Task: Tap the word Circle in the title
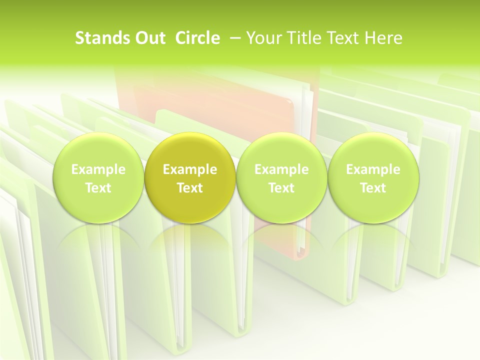pos(197,38)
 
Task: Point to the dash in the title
pos(234,38)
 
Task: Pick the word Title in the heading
pos(301,38)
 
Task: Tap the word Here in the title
pos(383,38)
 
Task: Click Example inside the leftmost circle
pos(98,169)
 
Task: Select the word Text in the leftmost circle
pos(98,188)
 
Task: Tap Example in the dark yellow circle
pos(190,169)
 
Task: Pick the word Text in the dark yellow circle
pos(190,188)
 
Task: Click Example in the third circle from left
pos(281,169)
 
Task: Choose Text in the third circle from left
pos(281,188)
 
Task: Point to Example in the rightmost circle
pos(373,169)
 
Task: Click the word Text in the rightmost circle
pos(373,188)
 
